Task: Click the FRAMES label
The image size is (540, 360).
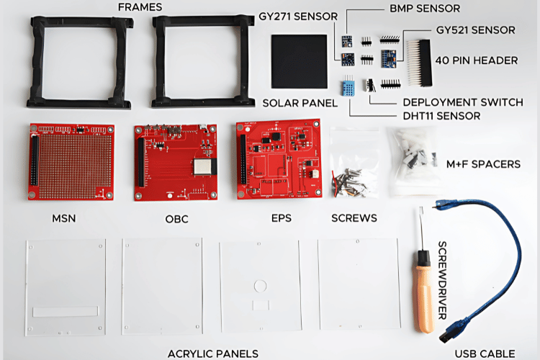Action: click(x=140, y=7)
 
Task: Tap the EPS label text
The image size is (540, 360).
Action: click(x=282, y=218)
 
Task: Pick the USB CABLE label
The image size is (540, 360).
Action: click(x=485, y=352)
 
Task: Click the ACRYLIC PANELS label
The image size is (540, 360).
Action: click(x=212, y=353)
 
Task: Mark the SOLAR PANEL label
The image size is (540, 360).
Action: click(x=300, y=103)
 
